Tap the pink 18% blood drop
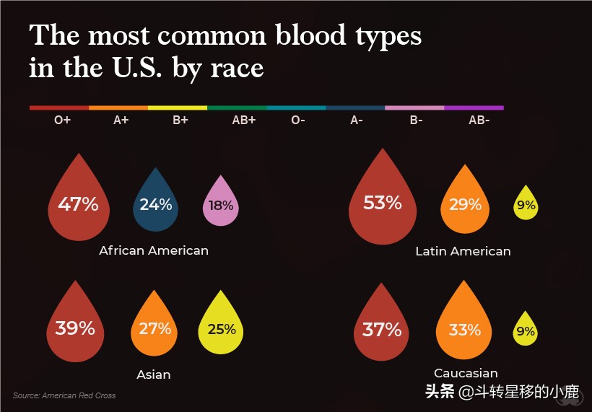click(220, 204)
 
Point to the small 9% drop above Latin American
click(526, 205)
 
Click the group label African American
click(154, 250)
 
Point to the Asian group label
click(154, 374)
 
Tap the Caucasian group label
click(466, 373)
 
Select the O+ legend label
click(62, 120)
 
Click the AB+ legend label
click(243, 120)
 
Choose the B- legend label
click(416, 120)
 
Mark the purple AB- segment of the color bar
click(474, 108)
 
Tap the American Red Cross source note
click(64, 395)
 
